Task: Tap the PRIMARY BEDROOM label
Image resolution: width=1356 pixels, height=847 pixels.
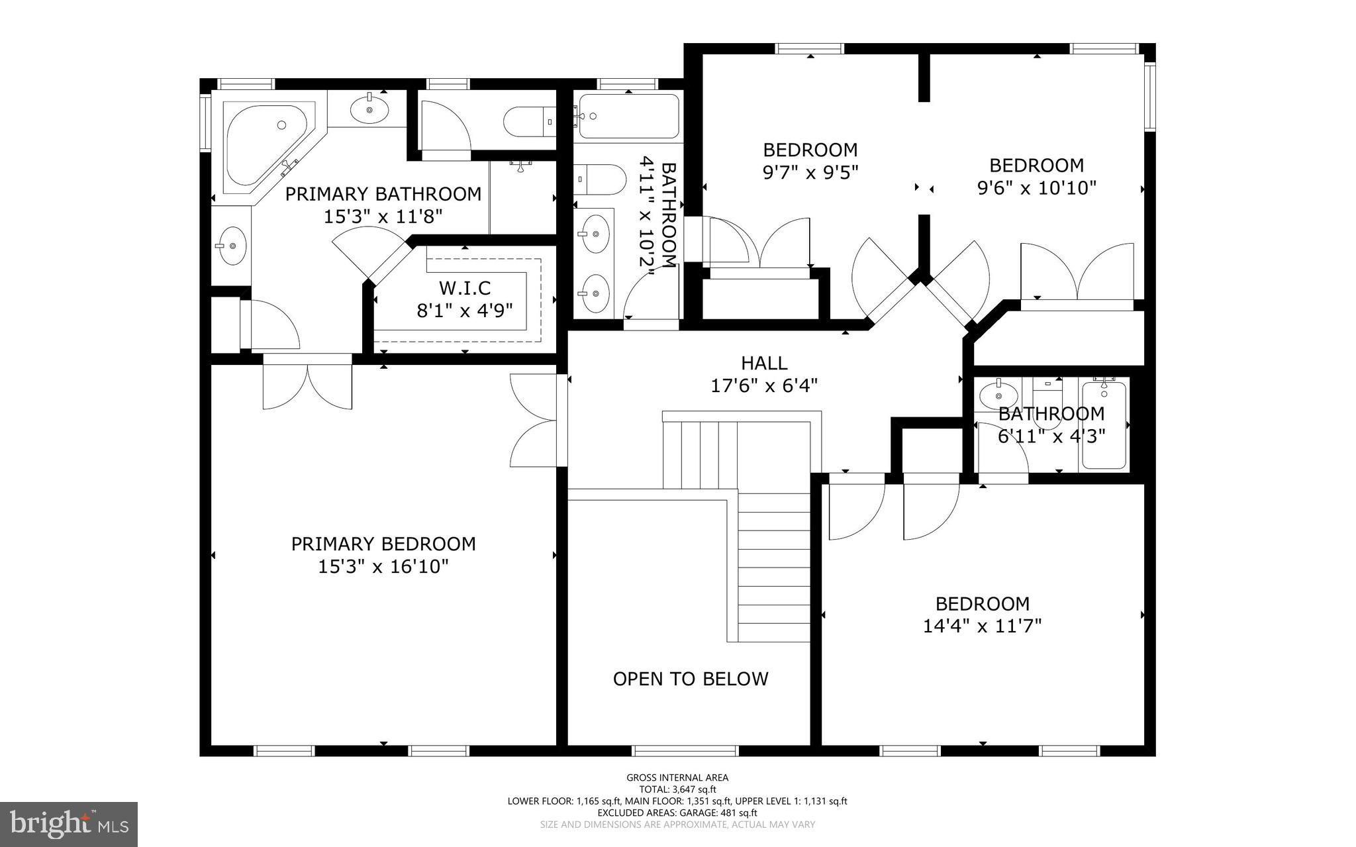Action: [383, 544]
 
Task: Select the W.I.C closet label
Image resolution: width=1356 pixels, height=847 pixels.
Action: [464, 288]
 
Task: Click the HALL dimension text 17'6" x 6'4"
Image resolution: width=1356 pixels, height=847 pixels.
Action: [764, 385]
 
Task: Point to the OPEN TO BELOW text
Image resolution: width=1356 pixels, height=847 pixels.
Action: [691, 679]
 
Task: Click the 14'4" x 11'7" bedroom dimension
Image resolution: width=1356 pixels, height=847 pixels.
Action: [982, 626]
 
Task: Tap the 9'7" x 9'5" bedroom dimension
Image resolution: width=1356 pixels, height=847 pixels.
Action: [810, 172]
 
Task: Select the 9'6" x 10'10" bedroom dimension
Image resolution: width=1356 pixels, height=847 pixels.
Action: [1036, 188]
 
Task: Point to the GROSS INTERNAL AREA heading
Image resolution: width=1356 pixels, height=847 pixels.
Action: [677, 777]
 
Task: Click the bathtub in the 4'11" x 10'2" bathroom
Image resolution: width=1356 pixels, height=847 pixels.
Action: [628, 116]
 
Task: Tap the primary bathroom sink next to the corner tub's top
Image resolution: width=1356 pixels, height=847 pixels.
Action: [369, 109]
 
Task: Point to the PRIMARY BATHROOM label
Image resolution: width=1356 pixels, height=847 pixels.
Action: [383, 194]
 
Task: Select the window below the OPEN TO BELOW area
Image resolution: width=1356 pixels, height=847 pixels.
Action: [685, 750]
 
